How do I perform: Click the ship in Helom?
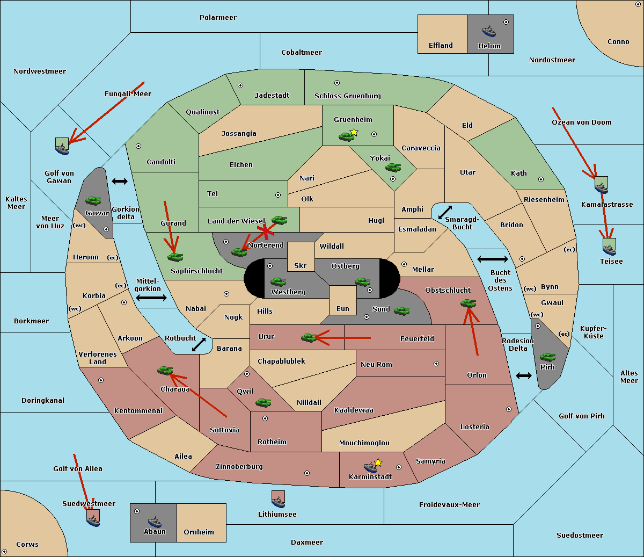489,31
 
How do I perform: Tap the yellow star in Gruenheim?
354,132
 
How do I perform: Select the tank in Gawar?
93,201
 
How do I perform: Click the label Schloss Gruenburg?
347,96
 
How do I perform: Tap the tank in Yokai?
393,168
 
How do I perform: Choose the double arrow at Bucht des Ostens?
492,259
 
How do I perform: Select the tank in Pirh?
547,357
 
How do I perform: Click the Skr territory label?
301,265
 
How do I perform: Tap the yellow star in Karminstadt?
378,462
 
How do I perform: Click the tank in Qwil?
263,402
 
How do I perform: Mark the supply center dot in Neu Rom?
436,364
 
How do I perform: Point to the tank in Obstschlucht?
468,303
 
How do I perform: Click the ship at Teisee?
609,248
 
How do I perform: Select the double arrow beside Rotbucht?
199,345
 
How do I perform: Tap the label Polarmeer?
218,18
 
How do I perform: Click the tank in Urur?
309,337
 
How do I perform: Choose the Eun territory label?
343,308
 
